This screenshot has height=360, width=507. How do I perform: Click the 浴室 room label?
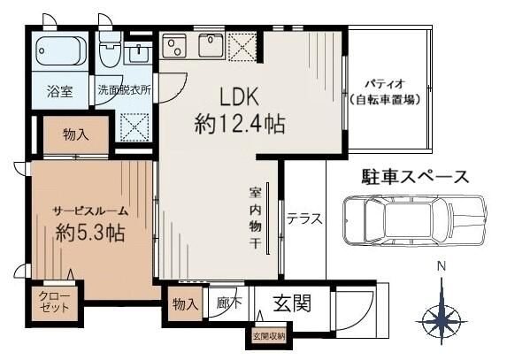[x=60, y=89]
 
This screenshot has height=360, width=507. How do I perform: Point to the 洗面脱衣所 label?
[x=125, y=89]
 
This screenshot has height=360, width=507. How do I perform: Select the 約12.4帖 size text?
[x=239, y=124]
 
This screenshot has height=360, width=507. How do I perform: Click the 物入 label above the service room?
[x=75, y=134]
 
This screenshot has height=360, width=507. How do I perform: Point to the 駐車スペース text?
[x=414, y=176]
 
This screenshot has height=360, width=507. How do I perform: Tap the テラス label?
[x=303, y=218]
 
